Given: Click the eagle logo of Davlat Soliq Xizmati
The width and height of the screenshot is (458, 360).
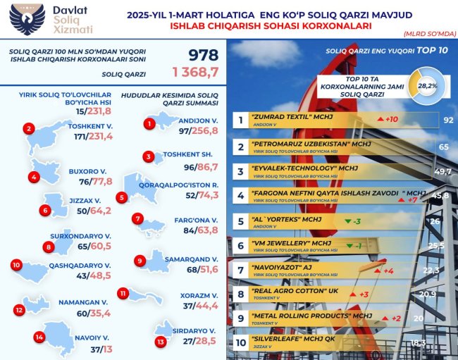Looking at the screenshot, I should click(25, 21).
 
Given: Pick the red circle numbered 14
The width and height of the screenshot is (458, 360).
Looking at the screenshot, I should click(39, 337).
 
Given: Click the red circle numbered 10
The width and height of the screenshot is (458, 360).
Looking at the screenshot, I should click(17, 266).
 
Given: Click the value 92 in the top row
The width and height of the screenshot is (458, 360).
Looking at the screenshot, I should click(447, 120).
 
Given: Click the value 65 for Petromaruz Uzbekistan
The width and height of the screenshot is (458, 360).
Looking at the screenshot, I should click(444, 147).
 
